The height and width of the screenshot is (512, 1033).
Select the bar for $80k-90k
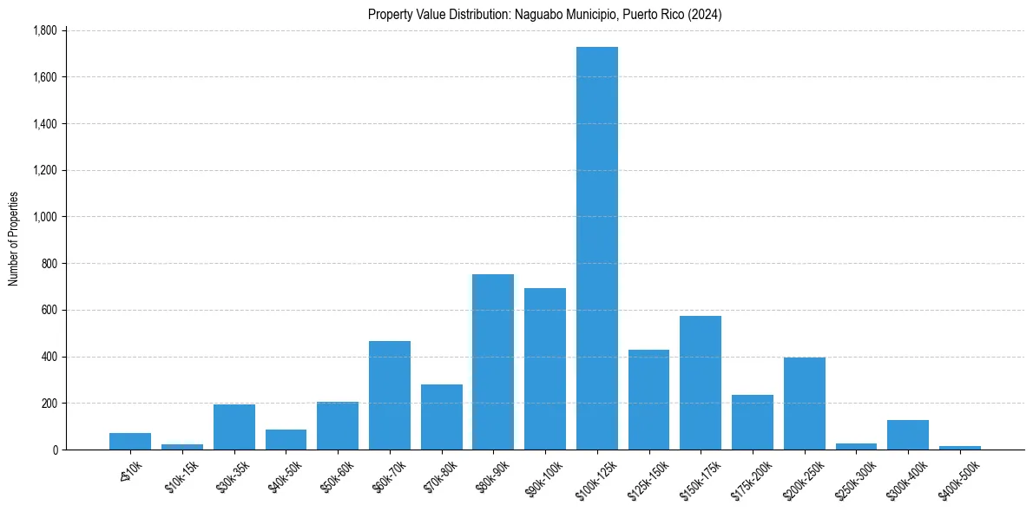coord(493,362)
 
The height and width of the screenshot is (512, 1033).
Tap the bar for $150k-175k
coord(701,383)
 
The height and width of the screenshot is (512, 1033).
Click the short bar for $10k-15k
coord(182,447)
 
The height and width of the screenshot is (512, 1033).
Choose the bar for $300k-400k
coord(908,435)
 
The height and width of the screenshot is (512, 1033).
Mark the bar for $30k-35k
coord(234,427)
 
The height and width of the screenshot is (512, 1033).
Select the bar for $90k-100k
coord(545,369)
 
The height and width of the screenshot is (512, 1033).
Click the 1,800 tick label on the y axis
coord(44,31)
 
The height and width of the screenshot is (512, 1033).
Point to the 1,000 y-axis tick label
coord(44,217)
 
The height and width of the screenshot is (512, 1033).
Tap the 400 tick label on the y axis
coord(49,357)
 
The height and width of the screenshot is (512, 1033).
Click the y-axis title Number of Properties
coord(14,240)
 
